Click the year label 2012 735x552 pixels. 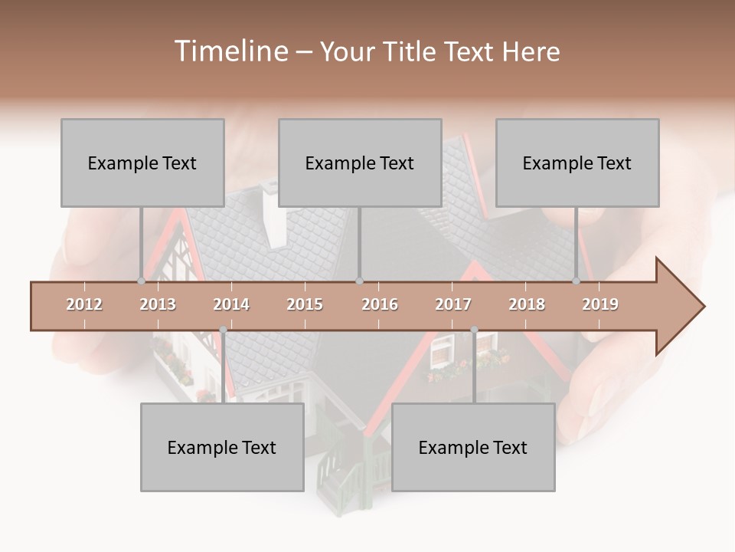coord(84,304)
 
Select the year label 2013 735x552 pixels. coord(158,304)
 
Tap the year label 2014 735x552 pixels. coord(231,304)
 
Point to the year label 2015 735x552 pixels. coord(305,304)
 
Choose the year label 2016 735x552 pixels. coord(380,304)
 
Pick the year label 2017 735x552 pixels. coord(453,304)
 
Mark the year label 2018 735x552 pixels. coord(527,304)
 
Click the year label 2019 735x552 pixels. coord(600,304)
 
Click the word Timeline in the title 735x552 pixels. coord(230,51)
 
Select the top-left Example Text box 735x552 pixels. coord(142,163)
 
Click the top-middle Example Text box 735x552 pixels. coord(360,163)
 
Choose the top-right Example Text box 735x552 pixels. coord(577,163)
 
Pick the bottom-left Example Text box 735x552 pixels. coord(222,447)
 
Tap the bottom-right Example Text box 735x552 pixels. coord(473,447)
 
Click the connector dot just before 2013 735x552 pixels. coord(141,281)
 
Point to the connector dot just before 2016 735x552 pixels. coord(360,281)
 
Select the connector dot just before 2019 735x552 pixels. coord(577,281)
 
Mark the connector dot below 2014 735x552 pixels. coord(223,330)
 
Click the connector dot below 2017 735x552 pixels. coord(474,330)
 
